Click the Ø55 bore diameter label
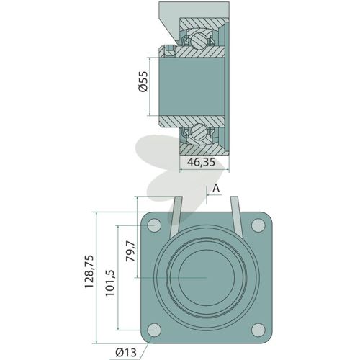click(x=143, y=81)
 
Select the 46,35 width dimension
click(x=201, y=162)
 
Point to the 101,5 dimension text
click(x=110, y=283)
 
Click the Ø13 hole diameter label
click(x=126, y=352)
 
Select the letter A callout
click(x=216, y=189)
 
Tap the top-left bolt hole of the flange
click(x=154, y=225)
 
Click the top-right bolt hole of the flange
click(x=258, y=225)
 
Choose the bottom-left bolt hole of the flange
click(x=154, y=330)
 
